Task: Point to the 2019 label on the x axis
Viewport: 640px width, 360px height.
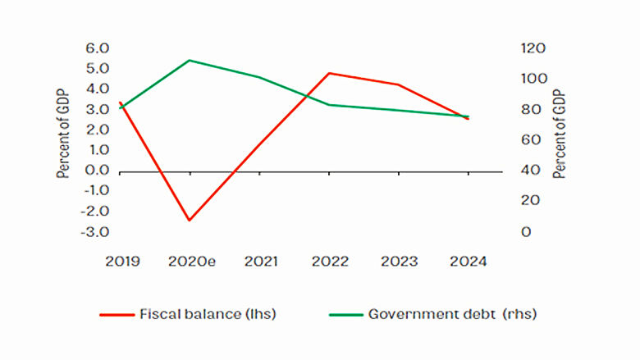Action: point(121,262)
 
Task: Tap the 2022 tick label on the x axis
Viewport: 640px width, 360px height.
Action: point(330,262)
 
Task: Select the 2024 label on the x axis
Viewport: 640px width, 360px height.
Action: point(468,262)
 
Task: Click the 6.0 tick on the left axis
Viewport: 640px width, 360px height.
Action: point(97,48)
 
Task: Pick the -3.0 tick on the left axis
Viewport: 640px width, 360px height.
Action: point(95,232)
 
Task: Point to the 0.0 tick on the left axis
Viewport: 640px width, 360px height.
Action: point(97,171)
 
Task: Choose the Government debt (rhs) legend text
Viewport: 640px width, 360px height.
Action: point(452,313)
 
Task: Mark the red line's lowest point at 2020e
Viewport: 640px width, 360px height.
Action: point(190,221)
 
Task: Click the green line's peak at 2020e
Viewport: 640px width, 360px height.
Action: point(190,60)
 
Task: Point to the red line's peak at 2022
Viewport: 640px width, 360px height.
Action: point(330,73)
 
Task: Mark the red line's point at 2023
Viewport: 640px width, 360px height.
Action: point(399,84)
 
